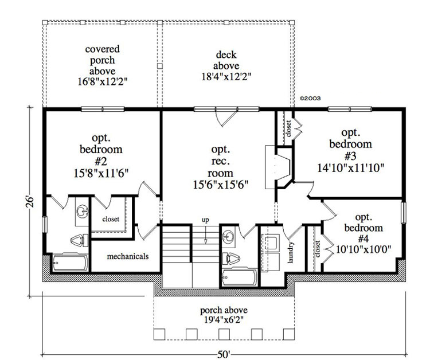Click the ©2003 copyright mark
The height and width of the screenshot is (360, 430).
pyautogui.click(x=310, y=98)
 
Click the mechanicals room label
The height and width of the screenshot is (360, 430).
pyautogui.click(x=128, y=256)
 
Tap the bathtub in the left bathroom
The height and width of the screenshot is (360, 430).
pyautogui.click(x=69, y=263)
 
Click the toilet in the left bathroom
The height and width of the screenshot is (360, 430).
pyautogui.click(x=77, y=240)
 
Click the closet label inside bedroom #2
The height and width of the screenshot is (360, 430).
pyautogui.click(x=111, y=218)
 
